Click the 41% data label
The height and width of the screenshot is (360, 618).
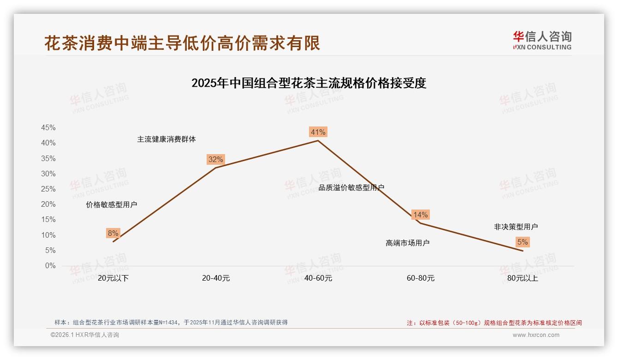[318, 132]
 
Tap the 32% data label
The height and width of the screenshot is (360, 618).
[215, 160]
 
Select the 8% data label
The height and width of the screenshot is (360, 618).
[113, 234]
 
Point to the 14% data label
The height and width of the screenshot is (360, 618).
[420, 215]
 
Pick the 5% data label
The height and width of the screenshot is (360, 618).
[523, 242]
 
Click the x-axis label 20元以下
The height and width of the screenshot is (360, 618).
[113, 278]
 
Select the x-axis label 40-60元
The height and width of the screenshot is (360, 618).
[318, 278]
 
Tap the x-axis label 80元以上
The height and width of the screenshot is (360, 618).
[523, 278]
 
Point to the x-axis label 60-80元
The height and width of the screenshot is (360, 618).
[420, 278]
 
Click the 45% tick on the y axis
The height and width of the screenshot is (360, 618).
[48, 128]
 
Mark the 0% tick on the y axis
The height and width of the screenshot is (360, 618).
[50, 266]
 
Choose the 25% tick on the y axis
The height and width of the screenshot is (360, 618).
[48, 189]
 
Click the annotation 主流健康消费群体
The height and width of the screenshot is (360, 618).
[166, 139]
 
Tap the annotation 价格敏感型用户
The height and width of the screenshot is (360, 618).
[111, 205]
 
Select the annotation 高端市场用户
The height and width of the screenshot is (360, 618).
[407, 243]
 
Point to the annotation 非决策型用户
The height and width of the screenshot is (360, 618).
[516, 227]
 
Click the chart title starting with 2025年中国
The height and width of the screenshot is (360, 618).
[309, 84]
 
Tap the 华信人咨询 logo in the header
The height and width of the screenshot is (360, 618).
[542, 40]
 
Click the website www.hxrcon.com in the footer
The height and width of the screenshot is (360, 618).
[536, 335]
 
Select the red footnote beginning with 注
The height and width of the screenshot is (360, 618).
[494, 323]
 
